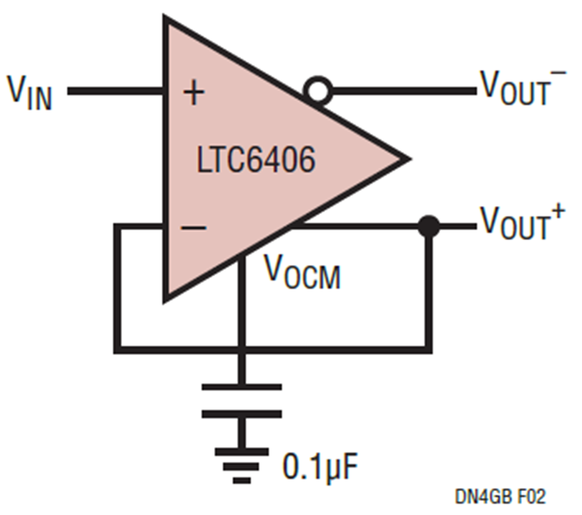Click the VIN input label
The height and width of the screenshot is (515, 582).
click(x=30, y=92)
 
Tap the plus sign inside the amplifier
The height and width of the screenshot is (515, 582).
click(x=194, y=93)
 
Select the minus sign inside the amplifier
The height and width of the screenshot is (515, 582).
click(x=193, y=228)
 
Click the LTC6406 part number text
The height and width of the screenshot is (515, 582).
click(x=256, y=160)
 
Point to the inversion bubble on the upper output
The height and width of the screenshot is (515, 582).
click(x=318, y=91)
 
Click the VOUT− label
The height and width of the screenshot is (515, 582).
click(x=523, y=87)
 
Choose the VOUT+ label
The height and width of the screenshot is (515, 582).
click(x=523, y=222)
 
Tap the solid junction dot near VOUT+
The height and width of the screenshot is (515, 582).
click(x=429, y=226)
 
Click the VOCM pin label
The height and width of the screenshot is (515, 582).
click(x=302, y=272)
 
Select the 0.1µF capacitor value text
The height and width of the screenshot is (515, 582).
click(x=320, y=466)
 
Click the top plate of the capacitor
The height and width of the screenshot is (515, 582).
click(x=242, y=387)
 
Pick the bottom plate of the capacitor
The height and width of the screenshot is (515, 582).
click(x=242, y=414)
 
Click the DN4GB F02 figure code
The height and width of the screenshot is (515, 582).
click(x=501, y=497)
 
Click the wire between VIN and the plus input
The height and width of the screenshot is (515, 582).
click(x=116, y=91)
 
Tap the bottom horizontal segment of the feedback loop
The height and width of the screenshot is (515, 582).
click(x=273, y=350)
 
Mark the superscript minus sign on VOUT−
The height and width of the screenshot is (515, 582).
click(x=559, y=73)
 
